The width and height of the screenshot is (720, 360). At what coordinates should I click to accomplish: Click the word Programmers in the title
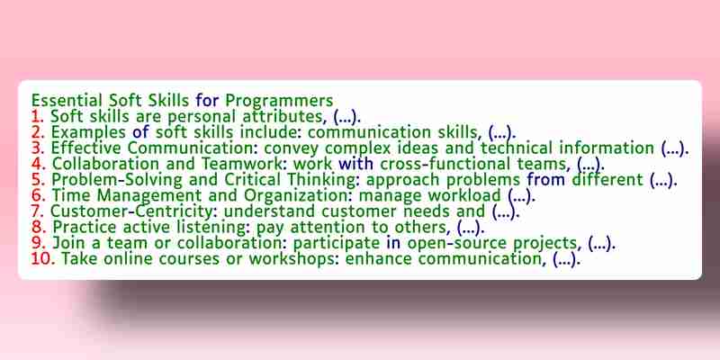pos(279,101)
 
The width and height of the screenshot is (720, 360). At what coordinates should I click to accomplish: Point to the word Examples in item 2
pos(88,132)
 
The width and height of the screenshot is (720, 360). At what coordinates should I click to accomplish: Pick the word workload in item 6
pos(464,195)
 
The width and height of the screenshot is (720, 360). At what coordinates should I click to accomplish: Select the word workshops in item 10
pos(294,259)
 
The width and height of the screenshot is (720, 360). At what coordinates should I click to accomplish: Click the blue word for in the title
pos(207,101)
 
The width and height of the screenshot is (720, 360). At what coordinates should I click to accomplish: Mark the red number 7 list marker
pos(37,211)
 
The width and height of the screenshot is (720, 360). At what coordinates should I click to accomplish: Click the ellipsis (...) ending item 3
pos(675,148)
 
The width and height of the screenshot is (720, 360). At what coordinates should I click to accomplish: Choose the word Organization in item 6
pos(298,196)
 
